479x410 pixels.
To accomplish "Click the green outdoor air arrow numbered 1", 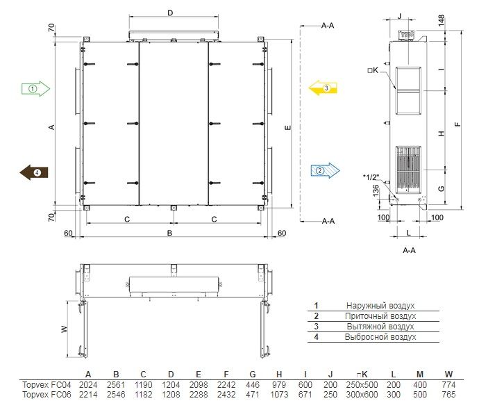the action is pos(35,89).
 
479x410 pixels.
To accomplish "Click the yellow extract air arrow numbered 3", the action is pos(323,88).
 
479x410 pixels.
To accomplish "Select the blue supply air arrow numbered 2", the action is pos(325,170).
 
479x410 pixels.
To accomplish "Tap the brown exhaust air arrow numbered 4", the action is pos(34,172).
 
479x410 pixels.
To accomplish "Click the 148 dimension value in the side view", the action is pos(441,20).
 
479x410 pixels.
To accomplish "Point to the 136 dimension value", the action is pos(376,190).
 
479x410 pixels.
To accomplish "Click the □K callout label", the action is pos(373,70).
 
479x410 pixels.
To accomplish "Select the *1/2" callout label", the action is pos(371,177).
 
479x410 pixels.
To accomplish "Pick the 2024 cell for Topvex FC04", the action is pos(88,384).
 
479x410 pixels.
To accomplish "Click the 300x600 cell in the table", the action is pos(362,395).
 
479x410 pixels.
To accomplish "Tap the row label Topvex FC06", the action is pos(47,395).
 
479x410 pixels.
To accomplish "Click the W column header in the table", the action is pos(448,375).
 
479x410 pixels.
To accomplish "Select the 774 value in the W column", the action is pos(448,384).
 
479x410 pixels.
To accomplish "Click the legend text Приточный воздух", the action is pos(380,315).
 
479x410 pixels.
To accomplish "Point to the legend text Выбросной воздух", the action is pos(380,336).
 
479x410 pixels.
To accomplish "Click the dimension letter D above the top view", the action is pos(170,13).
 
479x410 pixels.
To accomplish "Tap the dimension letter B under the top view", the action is pos(169,233).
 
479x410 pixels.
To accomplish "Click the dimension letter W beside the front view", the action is pos(64,329).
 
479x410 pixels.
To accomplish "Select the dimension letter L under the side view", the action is pos(408,233).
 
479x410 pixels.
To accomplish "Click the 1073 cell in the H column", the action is pos(279,395).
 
